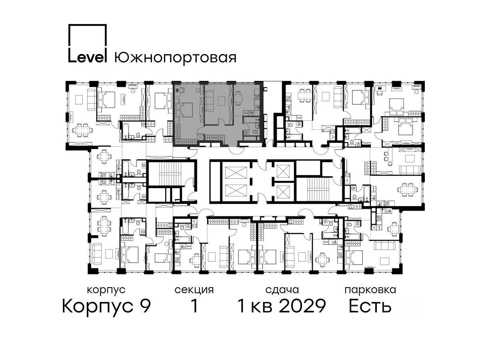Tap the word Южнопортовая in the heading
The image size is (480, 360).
[175, 58]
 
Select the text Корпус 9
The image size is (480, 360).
[106, 306]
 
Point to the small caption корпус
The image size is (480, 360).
[106, 290]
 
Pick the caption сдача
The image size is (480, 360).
[282, 290]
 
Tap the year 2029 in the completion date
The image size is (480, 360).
[303, 306]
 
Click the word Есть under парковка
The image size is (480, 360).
[370, 306]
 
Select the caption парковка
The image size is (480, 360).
[370, 290]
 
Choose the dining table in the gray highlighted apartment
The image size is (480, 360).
[238, 98]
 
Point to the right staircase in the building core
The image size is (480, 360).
[320, 189]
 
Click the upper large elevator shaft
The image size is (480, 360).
[236, 173]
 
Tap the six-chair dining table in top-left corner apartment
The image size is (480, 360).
[83, 130]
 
